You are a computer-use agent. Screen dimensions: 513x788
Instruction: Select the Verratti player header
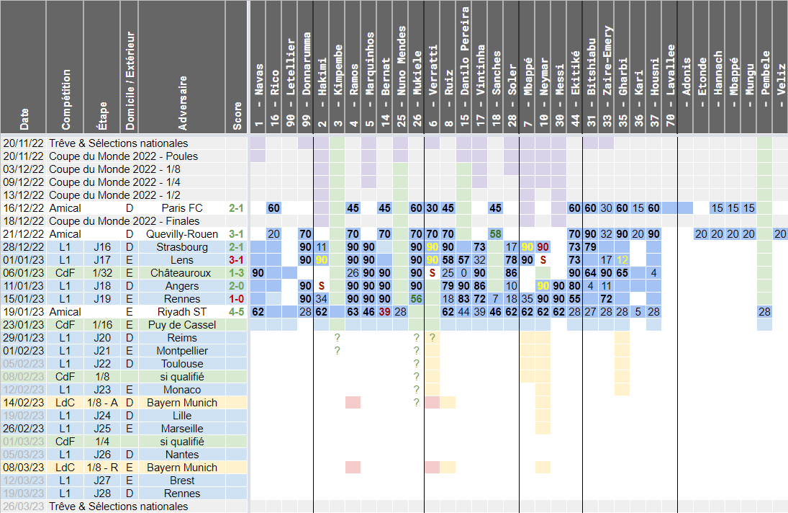(x=433, y=72)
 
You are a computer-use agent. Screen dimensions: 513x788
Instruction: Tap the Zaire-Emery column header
(x=607, y=72)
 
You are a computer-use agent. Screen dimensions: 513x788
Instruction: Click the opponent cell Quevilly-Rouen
(x=184, y=234)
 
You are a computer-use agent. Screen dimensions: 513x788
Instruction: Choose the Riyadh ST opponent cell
(x=184, y=312)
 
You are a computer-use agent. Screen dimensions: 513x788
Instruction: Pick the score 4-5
(x=237, y=312)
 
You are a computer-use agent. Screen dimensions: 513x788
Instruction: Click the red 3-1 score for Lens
(x=237, y=260)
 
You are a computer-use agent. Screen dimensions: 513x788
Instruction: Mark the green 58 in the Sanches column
(x=495, y=234)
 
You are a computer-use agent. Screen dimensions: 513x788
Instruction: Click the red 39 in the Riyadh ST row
(x=385, y=312)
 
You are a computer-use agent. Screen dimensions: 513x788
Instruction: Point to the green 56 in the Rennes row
(x=416, y=299)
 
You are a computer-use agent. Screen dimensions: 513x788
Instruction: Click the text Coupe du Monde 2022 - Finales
(x=123, y=221)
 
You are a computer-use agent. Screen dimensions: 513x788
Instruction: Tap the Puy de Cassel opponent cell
(x=184, y=325)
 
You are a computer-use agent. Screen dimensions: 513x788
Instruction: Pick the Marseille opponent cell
(x=184, y=429)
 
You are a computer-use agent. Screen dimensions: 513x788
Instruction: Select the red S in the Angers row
(x=322, y=286)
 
